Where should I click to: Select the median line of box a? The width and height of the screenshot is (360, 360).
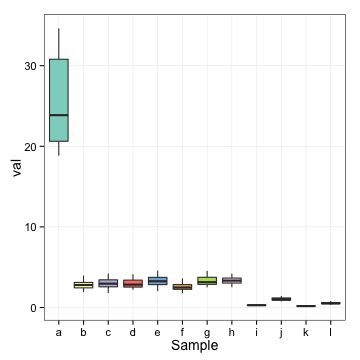59,115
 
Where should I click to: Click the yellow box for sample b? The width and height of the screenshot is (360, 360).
83,285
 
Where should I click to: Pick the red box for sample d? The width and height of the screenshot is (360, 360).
133,283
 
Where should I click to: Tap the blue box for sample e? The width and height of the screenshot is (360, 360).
157,281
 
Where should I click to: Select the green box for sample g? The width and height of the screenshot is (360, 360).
207,280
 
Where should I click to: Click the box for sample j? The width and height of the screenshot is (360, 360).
281,299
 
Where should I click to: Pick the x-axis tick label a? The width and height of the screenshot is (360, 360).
59,331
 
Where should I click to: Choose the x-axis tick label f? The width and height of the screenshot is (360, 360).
182,331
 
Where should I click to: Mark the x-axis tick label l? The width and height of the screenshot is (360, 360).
330,331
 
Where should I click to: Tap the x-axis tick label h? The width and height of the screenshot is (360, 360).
231,331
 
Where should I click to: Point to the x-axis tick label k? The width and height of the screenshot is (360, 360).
305,331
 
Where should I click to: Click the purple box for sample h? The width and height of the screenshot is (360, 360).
231,281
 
